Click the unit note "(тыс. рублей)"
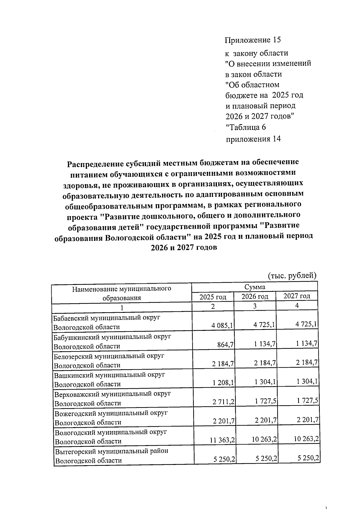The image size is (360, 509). coord(292,275)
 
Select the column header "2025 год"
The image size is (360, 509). coord(213,297)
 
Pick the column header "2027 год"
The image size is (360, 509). coord(297,296)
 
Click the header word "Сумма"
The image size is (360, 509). coord(254,287)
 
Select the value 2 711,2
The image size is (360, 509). coord(223,402)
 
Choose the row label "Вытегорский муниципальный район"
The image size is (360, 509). coord(111,451)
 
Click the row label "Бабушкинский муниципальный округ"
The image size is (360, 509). coord(112,337)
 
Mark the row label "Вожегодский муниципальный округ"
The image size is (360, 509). coord(111,413)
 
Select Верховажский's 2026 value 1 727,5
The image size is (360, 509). coord(265,401)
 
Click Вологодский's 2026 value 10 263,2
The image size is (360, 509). coord(264,439)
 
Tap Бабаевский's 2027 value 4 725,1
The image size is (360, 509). coord(307,324)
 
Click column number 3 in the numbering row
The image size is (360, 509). coord(255,306)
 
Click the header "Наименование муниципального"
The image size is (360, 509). coord(121,289)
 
